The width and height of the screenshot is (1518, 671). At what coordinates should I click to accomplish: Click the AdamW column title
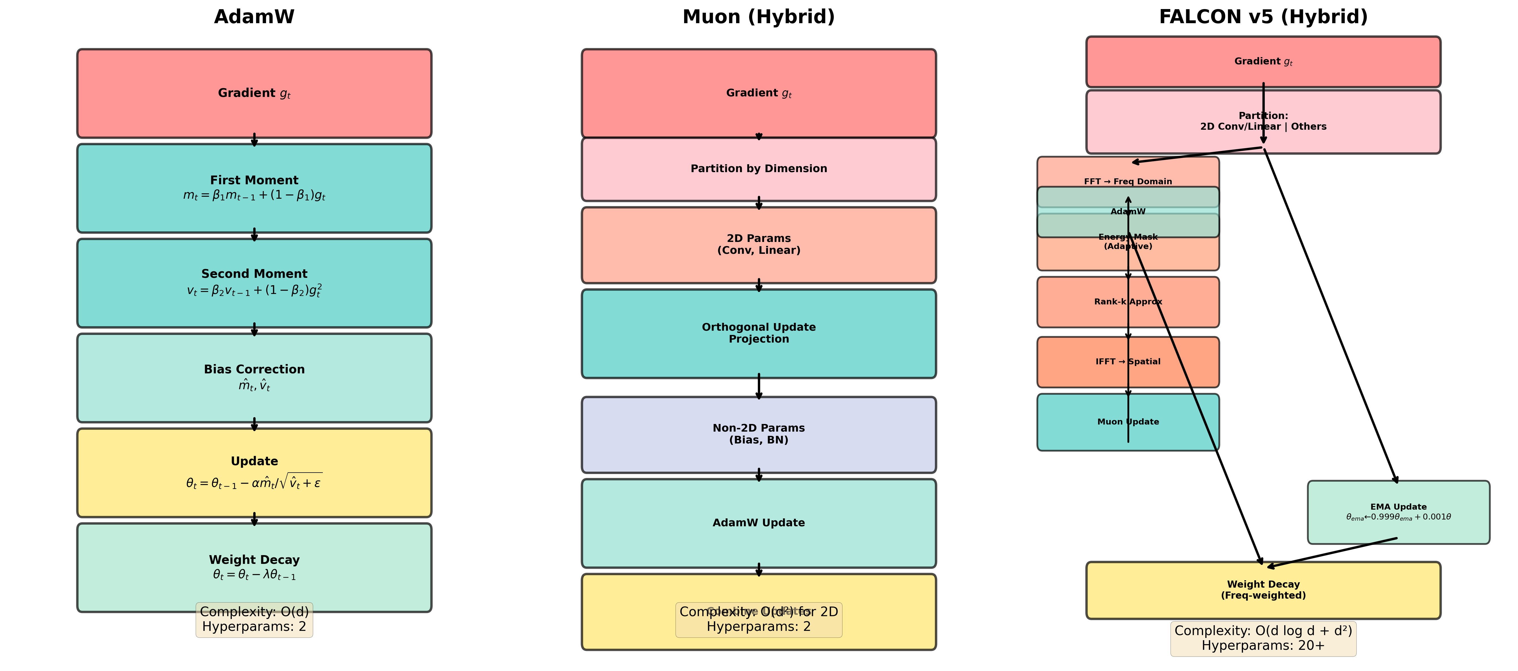(254, 17)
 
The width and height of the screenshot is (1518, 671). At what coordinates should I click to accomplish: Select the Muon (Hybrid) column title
(758, 17)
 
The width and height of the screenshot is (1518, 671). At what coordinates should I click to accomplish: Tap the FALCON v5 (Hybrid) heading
(1263, 17)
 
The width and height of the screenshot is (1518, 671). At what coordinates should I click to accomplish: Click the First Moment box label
(254, 180)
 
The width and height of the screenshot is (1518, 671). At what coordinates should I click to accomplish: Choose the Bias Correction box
(254, 378)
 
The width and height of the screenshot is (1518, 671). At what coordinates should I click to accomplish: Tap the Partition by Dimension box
(758, 169)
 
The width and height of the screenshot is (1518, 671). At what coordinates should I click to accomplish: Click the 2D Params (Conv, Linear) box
(758, 244)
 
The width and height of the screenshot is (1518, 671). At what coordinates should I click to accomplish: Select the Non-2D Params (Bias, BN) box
(758, 434)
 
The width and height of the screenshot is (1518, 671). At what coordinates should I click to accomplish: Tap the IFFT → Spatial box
(1127, 362)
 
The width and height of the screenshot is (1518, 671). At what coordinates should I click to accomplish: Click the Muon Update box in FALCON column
(1127, 422)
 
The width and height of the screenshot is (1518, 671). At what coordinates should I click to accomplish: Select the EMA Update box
(1398, 512)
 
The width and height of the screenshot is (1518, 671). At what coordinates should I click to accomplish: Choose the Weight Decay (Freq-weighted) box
(1263, 590)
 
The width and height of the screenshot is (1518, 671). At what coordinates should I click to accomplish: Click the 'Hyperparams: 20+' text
(1263, 646)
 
